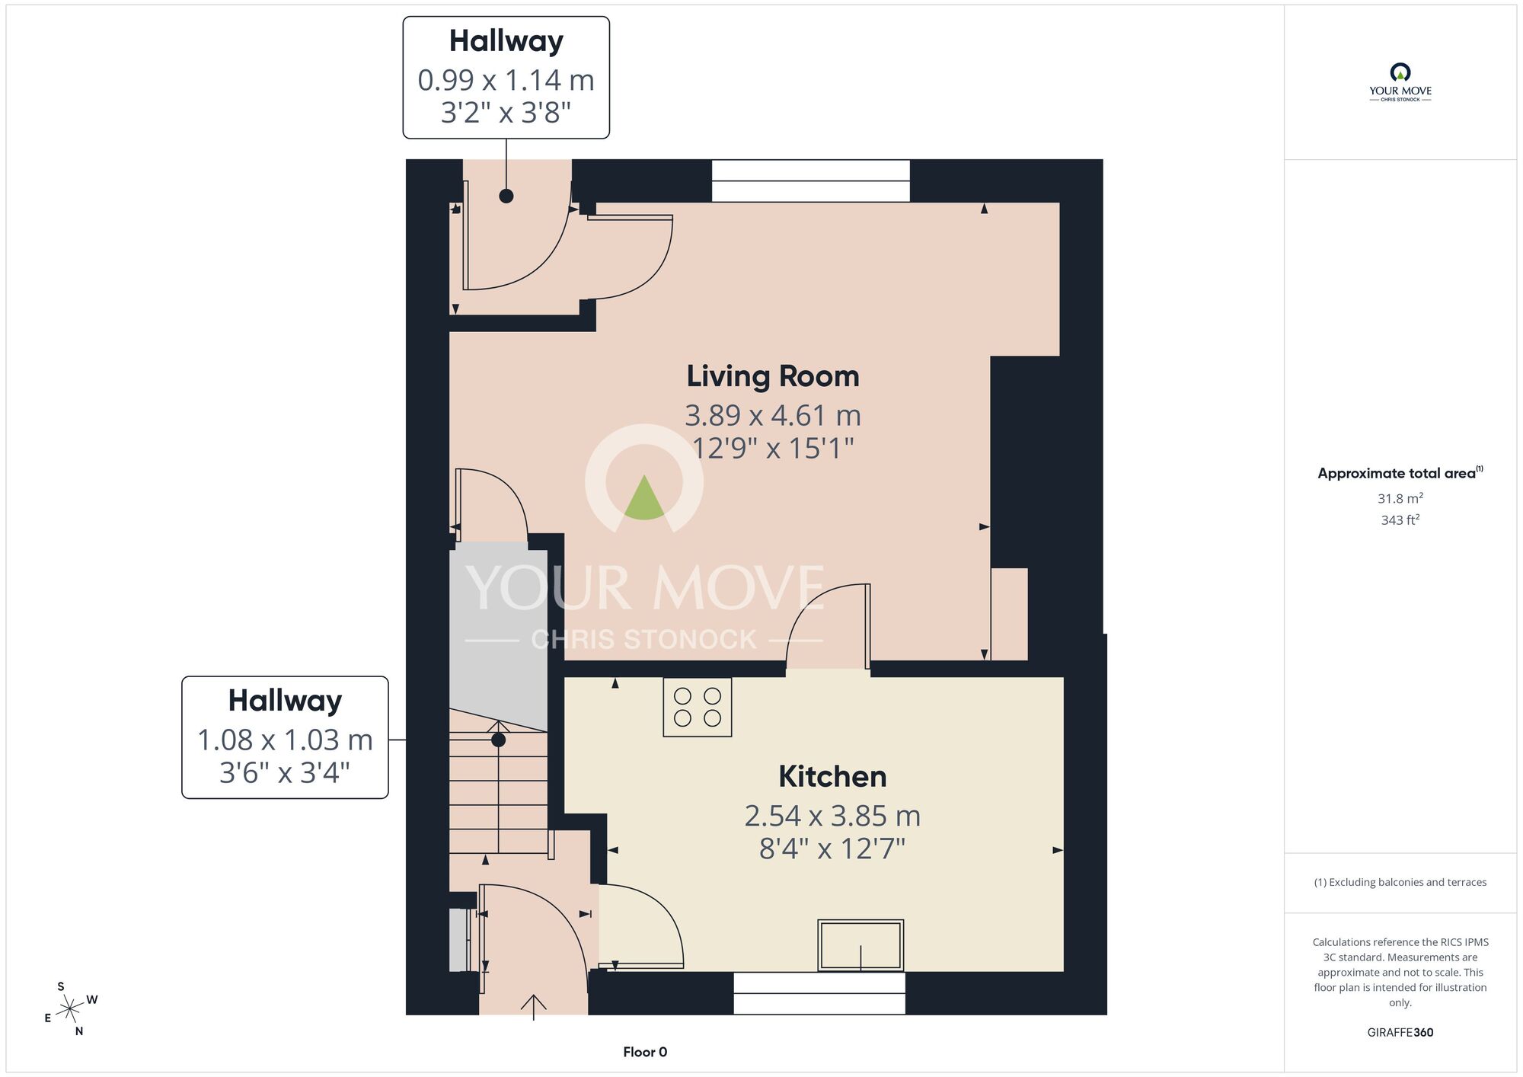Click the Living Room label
773,376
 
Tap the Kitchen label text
832,777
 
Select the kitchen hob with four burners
698,707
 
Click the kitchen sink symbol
860,945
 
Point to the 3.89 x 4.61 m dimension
773,416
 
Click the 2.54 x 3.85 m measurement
832,817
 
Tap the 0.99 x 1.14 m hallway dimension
506,80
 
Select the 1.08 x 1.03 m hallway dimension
285,740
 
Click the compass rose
70,1009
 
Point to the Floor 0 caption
645,1052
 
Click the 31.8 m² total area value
1400,498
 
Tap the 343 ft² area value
1400,520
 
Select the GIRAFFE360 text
1400,1033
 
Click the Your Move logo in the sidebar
1400,82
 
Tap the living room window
810,181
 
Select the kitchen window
819,993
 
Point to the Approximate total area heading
1400,473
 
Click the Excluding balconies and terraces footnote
1400,882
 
